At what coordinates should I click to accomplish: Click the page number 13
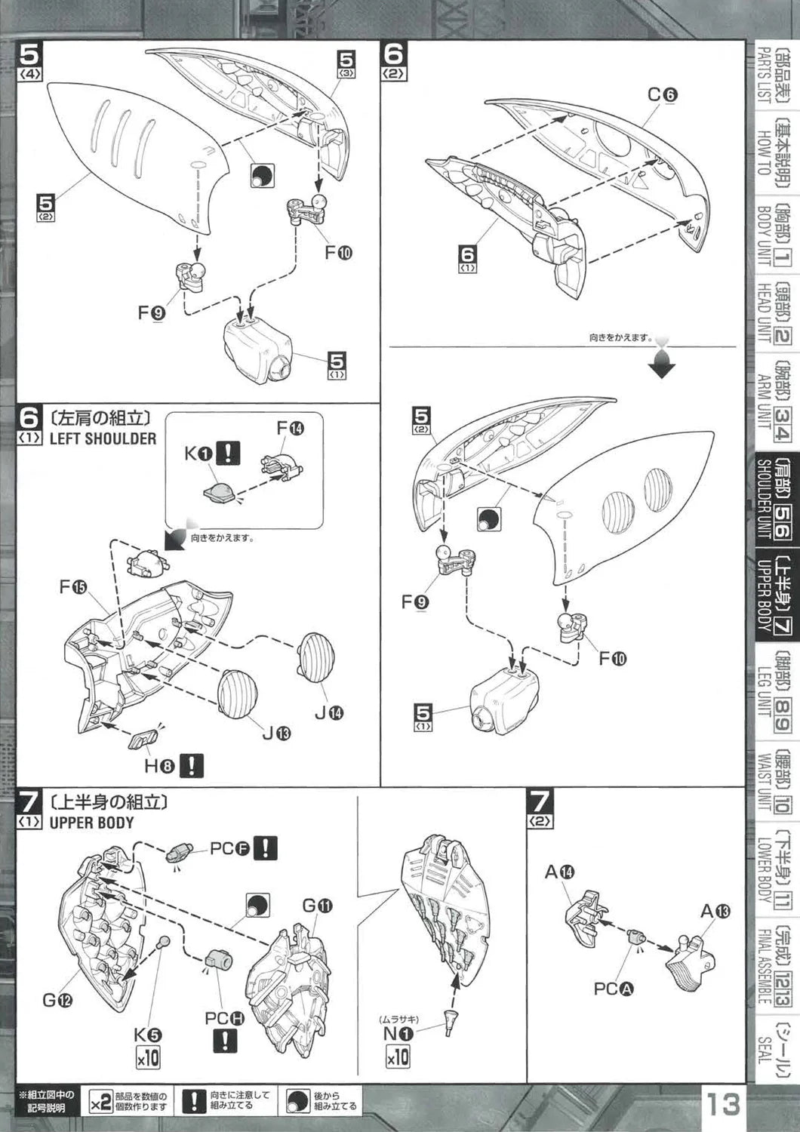tap(723, 1104)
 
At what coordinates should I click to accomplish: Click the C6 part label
tap(663, 95)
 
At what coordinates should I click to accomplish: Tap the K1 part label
tap(198, 454)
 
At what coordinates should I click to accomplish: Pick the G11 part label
tap(315, 906)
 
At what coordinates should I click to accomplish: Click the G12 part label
tap(57, 1001)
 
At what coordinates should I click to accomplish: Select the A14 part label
tap(559, 872)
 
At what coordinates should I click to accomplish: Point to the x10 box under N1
tap(397, 1055)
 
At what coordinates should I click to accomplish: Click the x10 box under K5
tap(148, 1057)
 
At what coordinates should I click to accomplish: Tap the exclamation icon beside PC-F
tap(265, 848)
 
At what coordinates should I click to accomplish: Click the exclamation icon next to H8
tap(193, 766)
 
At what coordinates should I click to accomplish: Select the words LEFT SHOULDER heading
tap(103, 438)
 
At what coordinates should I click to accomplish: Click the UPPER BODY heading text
tap(91, 823)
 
